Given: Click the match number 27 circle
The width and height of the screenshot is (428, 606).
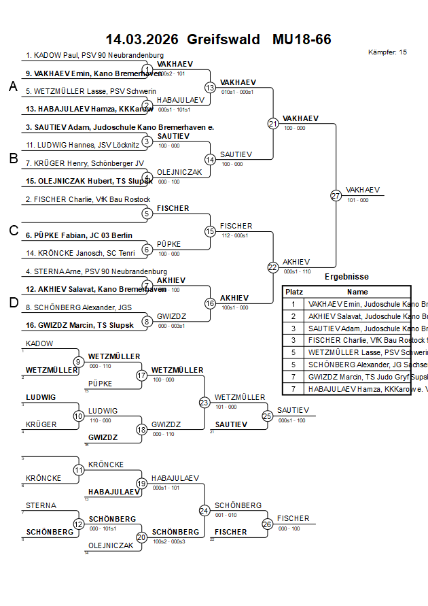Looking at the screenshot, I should pos(336,196).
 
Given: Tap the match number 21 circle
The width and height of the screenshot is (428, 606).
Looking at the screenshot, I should pos(273,124).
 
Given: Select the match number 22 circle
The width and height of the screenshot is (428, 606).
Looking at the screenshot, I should pos(273,267).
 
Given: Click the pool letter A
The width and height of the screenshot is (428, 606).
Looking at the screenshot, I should pos(13,86).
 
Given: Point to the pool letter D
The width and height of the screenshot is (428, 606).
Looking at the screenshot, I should pos(13,303).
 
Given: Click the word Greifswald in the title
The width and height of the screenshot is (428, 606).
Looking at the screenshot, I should pos(224,39).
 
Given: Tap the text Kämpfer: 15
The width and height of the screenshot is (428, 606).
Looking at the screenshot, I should pos(387,52).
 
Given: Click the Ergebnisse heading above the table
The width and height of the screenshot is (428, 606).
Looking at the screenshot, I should pos(346,277).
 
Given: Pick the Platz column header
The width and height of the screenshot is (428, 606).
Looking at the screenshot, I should pos(294,291).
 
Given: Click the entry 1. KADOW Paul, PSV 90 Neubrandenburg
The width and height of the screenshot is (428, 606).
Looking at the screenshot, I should pos(94,56).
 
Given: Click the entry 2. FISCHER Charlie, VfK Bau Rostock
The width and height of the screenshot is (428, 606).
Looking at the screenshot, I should pos(88,199).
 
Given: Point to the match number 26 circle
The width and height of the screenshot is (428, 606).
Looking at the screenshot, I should pos(267,524).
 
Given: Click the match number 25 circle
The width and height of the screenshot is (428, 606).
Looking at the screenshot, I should pos(267,416).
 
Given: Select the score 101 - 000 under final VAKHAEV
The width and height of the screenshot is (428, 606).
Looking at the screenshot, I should pos(357,200).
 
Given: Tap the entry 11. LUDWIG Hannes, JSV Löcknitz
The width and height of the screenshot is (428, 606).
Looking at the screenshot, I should pos(82,145).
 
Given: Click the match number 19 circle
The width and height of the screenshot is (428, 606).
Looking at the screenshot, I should pos(141,484).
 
